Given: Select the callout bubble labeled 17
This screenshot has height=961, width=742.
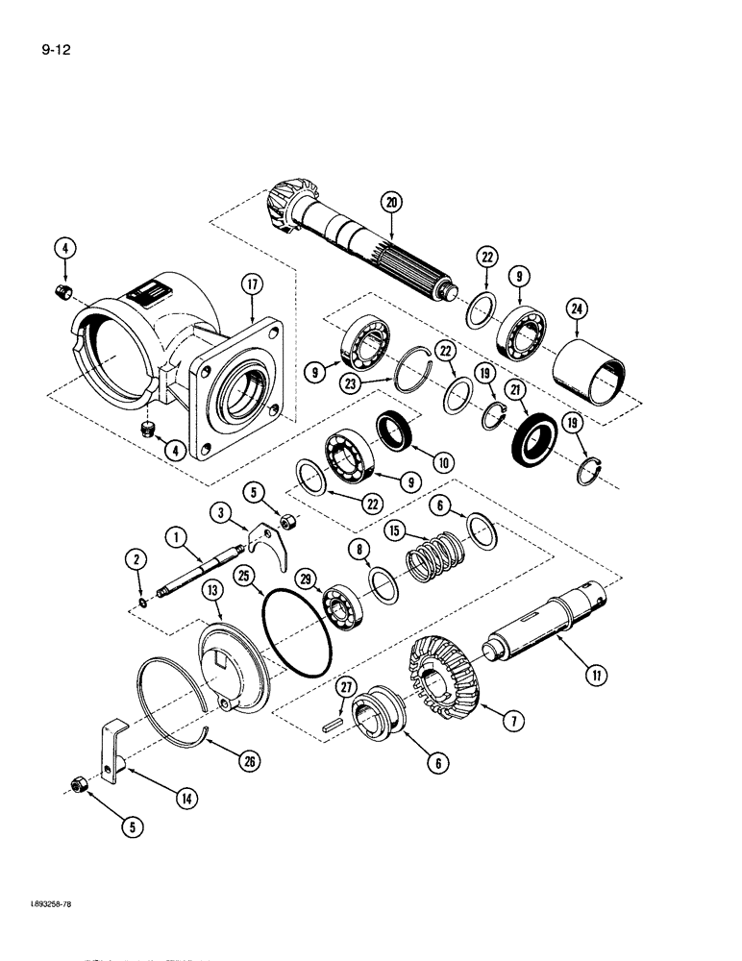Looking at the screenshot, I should click(253, 284).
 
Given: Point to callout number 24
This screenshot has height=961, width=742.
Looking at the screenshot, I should click(575, 308).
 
